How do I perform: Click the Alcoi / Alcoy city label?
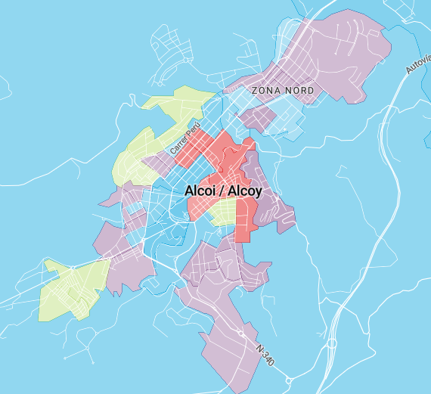223,191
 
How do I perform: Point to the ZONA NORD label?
282,91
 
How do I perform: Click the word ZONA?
267,91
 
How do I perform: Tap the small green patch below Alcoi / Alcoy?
225,215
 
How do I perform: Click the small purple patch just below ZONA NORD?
258,117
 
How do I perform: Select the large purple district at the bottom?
227,333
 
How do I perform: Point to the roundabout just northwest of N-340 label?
241,332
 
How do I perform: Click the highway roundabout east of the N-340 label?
332,343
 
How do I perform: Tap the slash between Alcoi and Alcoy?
223,191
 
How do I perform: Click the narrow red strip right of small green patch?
243,223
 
